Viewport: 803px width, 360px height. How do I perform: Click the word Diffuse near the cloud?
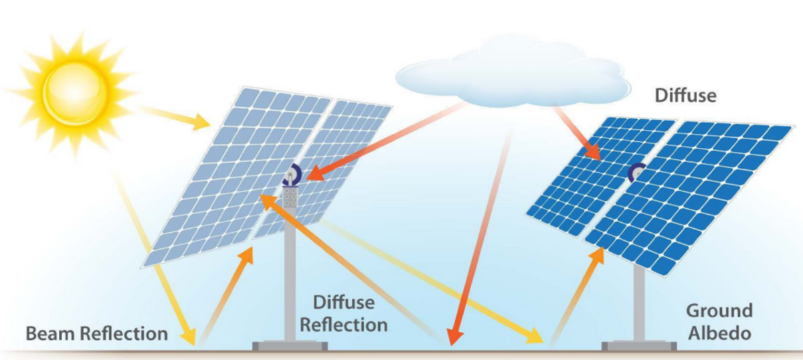click(x=685, y=96)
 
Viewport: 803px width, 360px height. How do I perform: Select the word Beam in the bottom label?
click(x=52, y=333)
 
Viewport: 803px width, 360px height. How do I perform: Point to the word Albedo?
click(x=719, y=333)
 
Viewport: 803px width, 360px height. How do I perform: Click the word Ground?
click(x=719, y=311)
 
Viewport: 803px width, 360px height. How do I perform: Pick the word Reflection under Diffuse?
click(x=344, y=325)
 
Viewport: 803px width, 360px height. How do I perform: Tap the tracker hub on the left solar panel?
click(x=292, y=175)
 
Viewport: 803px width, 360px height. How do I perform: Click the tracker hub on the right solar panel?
click(x=636, y=172)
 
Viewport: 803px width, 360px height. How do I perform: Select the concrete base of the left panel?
click(x=290, y=345)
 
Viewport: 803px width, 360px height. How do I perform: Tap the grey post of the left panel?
click(x=291, y=281)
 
